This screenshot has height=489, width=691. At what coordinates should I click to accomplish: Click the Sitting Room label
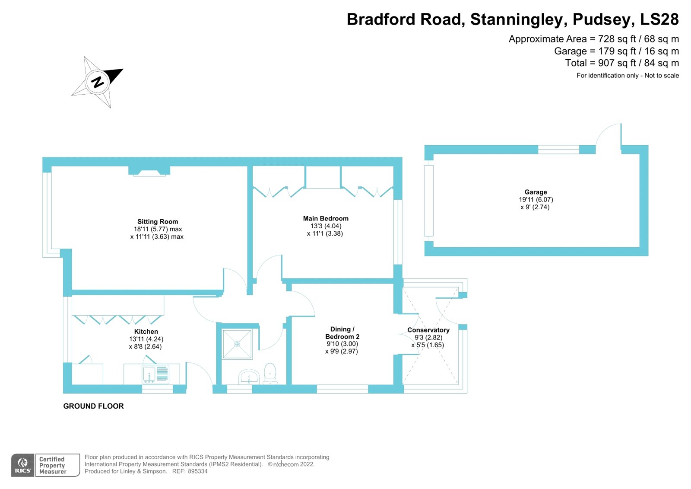click(x=158, y=221)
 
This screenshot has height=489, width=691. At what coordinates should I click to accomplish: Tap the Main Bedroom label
click(x=326, y=218)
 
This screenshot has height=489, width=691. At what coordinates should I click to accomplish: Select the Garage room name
click(x=536, y=192)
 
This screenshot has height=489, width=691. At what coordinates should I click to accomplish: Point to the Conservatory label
click(x=428, y=330)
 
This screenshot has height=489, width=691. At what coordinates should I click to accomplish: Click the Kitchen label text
click(x=146, y=332)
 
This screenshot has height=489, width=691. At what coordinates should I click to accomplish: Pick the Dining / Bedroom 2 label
click(x=342, y=333)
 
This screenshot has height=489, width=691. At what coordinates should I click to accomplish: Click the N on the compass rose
click(x=98, y=81)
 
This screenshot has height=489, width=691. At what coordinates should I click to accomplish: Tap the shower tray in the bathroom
click(x=237, y=344)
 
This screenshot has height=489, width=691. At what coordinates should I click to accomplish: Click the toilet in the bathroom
click(x=270, y=373)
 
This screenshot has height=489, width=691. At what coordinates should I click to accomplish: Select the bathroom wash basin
click(x=249, y=377)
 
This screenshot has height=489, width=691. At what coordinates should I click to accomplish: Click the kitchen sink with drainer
click(x=155, y=374)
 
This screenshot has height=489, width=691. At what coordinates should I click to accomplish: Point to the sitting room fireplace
click(x=149, y=172)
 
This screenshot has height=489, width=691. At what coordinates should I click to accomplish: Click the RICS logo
click(x=22, y=465)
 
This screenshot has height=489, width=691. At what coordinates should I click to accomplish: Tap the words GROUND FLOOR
click(x=93, y=406)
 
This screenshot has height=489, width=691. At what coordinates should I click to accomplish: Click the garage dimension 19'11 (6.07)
click(x=536, y=200)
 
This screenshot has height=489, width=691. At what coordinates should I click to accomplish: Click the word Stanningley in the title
click(x=518, y=19)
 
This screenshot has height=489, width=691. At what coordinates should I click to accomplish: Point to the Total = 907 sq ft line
click(x=622, y=63)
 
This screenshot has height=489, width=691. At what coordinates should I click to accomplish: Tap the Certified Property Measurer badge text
click(x=53, y=465)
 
